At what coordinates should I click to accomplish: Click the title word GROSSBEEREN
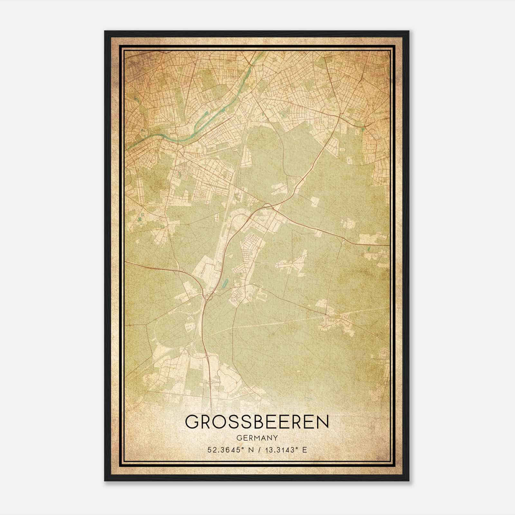pos(257,422)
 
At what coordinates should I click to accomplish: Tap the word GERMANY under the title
pos(257,438)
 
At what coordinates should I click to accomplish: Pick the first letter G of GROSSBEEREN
pos(192,422)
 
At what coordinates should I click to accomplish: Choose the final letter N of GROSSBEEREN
pos(322,422)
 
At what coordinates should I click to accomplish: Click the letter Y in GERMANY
pos(276,438)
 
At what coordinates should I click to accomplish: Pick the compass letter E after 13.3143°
pos(305,450)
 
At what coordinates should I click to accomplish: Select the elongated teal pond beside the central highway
pos(225,283)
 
